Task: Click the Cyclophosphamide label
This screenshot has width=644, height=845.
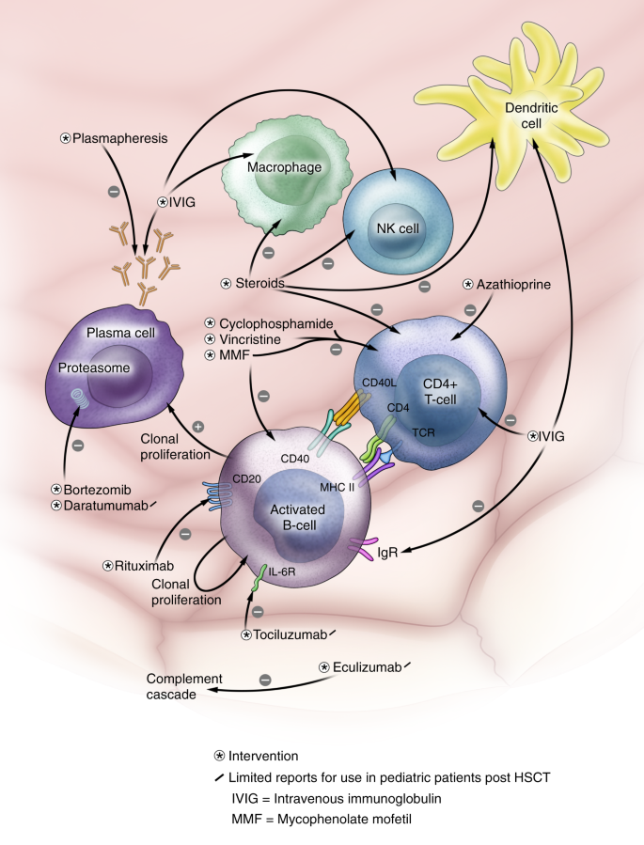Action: [x=275, y=321]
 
